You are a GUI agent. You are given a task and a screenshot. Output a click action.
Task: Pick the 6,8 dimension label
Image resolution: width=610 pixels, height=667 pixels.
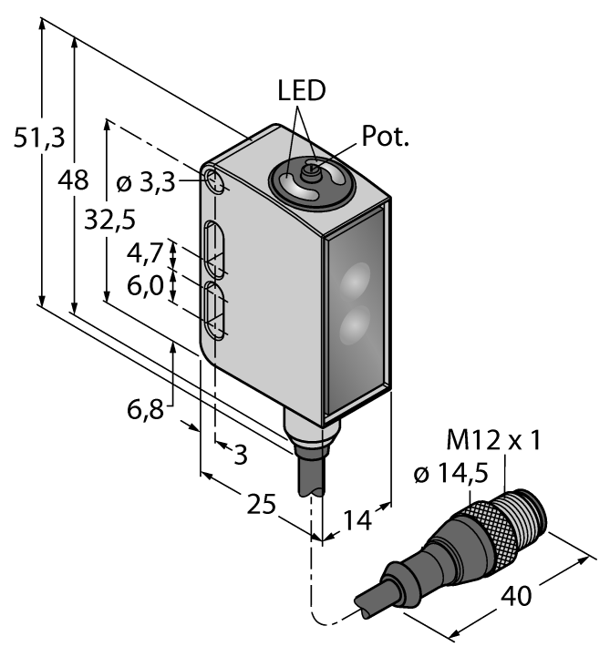(x=146, y=409)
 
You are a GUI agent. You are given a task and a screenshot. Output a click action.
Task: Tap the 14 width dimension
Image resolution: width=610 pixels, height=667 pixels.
(x=357, y=521)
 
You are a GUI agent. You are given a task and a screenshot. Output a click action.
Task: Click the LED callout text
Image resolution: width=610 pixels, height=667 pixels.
(x=301, y=91)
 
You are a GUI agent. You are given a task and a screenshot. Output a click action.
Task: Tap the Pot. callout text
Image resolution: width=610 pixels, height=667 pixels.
(x=387, y=138)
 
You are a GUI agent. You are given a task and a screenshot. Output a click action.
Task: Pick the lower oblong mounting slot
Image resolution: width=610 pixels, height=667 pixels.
(x=216, y=312)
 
